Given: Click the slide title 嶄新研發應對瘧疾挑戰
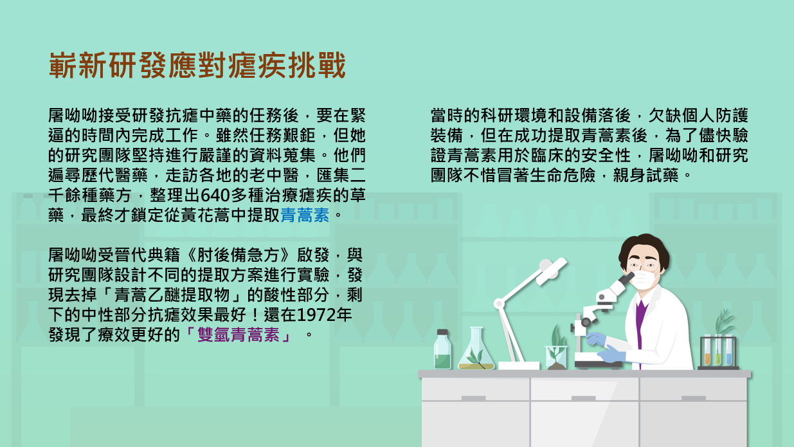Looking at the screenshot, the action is pyautogui.click(x=197, y=65).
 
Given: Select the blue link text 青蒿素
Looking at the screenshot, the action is pyautogui.click(x=305, y=215).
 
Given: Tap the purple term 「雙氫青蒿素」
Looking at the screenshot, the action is pyautogui.click(x=239, y=334).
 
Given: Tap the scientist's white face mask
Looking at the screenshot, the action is pyautogui.click(x=644, y=280).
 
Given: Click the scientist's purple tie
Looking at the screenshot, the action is pyautogui.click(x=640, y=326).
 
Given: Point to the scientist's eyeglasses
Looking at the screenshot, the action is pyautogui.click(x=642, y=265).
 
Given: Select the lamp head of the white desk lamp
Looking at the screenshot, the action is pyautogui.click(x=551, y=271).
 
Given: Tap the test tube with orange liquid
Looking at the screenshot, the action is pyautogui.click(x=707, y=351).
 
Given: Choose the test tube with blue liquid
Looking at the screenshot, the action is pyautogui.click(x=729, y=351).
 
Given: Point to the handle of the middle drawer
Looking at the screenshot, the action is pyautogui.click(x=584, y=398).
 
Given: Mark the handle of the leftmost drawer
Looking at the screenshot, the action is pyautogui.click(x=474, y=398).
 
